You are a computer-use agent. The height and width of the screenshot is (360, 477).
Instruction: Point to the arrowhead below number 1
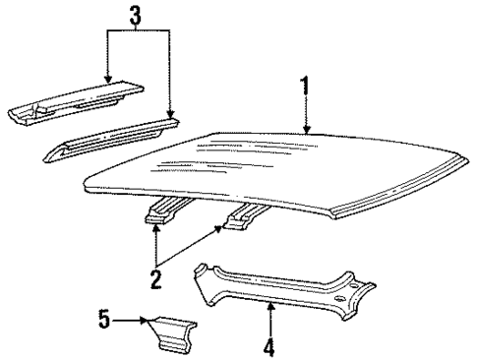[x=306, y=128]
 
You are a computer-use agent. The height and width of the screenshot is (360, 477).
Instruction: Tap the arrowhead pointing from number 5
[x=146, y=319]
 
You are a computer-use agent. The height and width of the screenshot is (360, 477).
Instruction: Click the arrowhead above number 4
[x=270, y=307]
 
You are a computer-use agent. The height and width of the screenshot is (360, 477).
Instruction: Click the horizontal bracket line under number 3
[x=139, y=30]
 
